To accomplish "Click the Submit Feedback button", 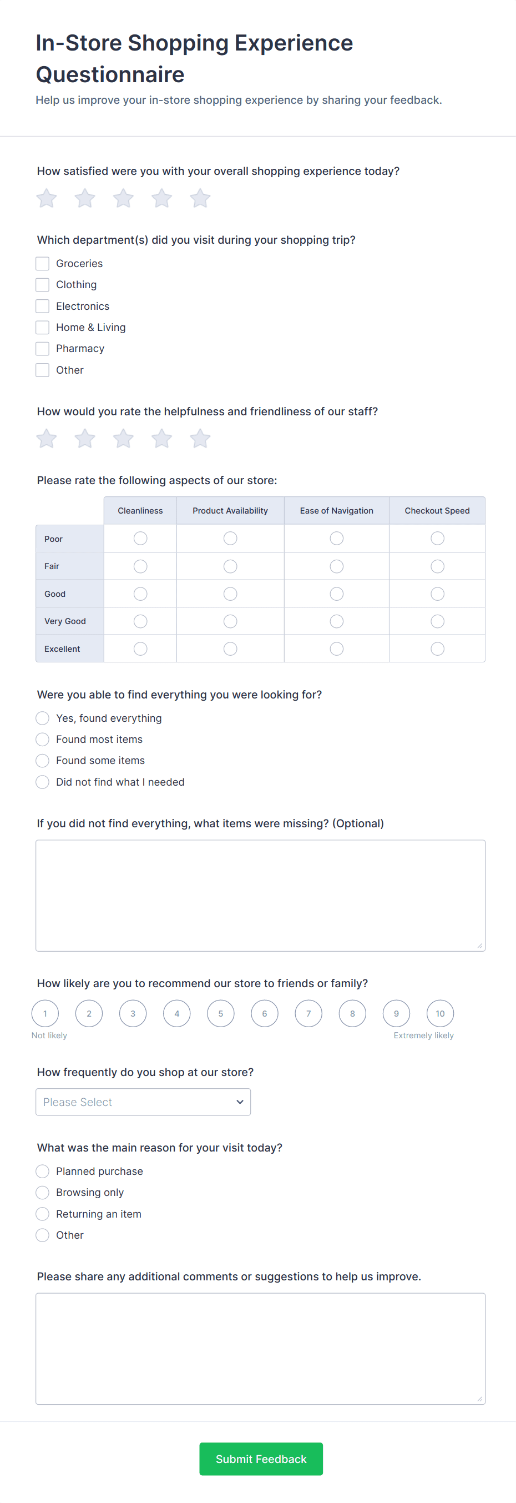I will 261,1459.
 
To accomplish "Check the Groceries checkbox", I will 43,264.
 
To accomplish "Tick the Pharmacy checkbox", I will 43,349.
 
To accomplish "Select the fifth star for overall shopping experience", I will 200,198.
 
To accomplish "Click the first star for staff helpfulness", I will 47,439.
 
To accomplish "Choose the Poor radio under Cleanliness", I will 140,539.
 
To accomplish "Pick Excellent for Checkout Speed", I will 437,649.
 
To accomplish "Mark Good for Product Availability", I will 230,594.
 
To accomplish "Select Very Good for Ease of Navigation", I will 336,621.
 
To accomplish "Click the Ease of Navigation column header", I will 336,510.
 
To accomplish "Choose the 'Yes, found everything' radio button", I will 43,718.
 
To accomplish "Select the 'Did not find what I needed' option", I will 43,782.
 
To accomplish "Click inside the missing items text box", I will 260,895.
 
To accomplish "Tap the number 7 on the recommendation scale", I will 308,1013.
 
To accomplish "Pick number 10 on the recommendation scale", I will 440,1013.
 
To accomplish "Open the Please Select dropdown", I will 143,1102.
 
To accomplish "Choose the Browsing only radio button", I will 43,1193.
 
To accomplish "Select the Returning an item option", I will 43,1214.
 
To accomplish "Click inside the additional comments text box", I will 260,1349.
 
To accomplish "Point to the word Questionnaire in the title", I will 110,75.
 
